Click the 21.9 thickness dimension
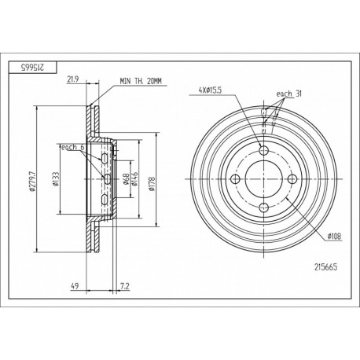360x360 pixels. (73, 79)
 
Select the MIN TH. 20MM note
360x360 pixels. (141, 81)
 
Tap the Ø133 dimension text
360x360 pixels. (56, 179)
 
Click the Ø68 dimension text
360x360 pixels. (125, 179)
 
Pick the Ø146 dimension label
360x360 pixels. (134, 179)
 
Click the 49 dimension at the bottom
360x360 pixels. (75, 286)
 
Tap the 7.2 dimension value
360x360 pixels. (124, 286)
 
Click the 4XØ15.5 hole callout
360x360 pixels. (210, 90)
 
